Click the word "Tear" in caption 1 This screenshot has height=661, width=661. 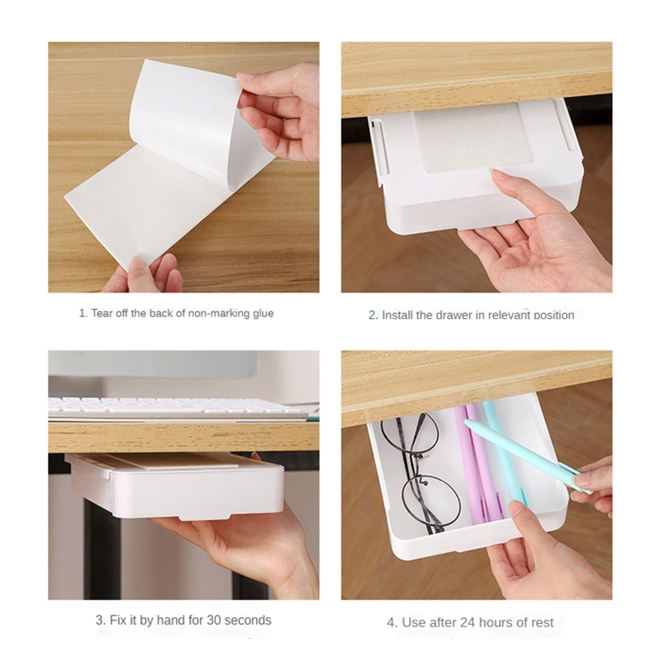(x=102, y=313)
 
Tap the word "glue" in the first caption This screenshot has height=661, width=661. (x=263, y=314)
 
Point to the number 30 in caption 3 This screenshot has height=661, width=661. (x=214, y=621)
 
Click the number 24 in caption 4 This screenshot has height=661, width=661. (x=467, y=622)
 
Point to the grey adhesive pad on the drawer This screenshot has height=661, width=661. (x=473, y=138)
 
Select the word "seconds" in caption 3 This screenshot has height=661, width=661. (x=248, y=621)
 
